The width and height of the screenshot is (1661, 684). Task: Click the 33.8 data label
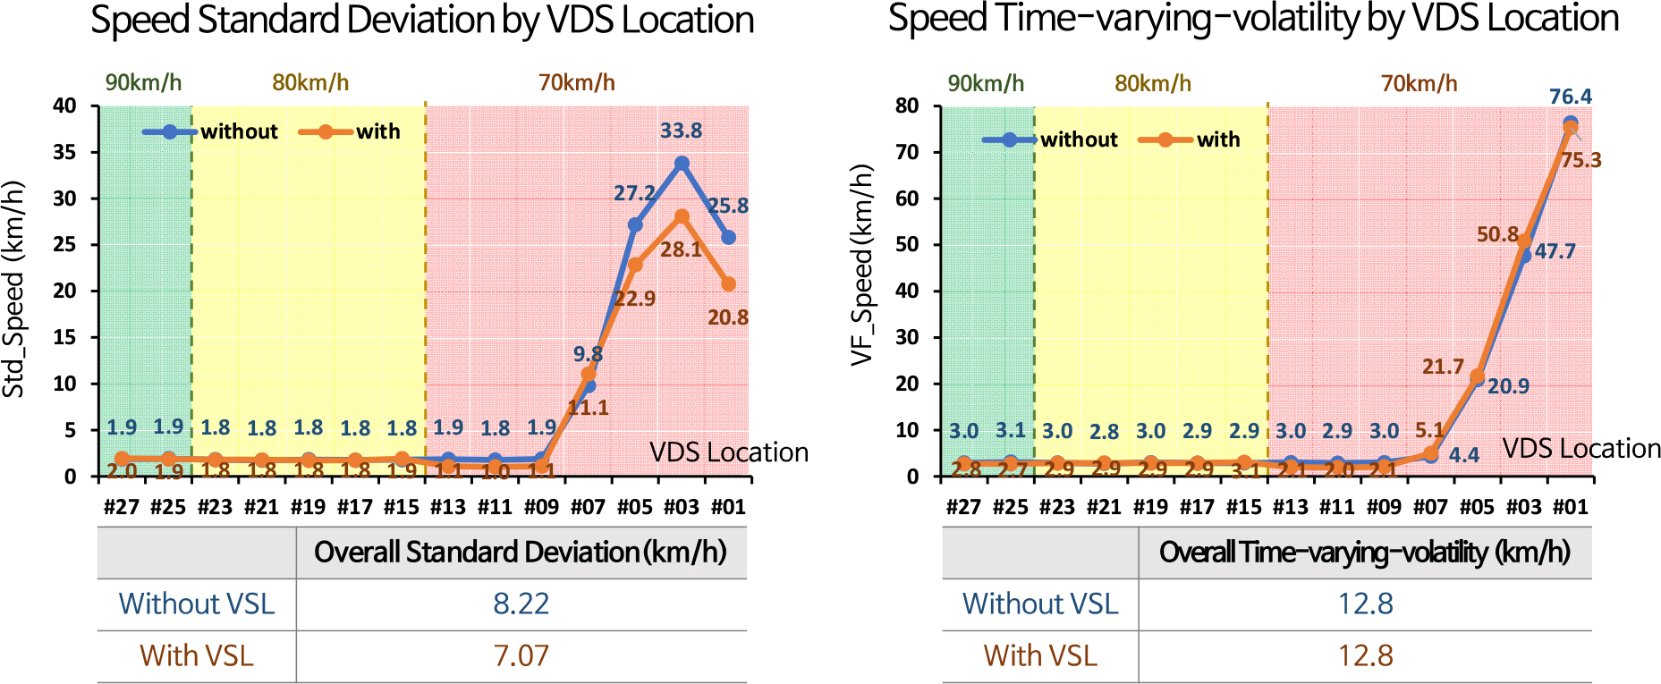681,131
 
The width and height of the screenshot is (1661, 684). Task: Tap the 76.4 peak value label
1570,97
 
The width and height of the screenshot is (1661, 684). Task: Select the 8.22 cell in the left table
521,604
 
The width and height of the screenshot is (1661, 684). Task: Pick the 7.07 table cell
521,655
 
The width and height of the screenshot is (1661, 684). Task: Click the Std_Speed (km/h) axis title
13,290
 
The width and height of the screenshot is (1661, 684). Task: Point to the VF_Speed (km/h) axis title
861,265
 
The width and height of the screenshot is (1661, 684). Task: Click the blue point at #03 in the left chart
682,164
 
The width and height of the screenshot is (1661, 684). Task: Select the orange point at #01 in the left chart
728,284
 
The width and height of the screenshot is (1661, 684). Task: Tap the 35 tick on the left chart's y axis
64,152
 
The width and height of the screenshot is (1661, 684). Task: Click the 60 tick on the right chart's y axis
907,198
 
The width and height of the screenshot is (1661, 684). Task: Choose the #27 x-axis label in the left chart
122,507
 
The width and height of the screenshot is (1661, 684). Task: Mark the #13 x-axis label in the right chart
1290,507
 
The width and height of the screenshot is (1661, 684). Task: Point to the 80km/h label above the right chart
1152,84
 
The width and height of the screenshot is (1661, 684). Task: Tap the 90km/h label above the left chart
143,83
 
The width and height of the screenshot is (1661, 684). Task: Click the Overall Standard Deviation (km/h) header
521,552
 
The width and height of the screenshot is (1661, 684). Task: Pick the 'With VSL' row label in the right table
1040,655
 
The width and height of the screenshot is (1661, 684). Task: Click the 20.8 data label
727,317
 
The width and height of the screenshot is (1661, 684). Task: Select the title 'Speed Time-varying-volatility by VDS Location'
1253,19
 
